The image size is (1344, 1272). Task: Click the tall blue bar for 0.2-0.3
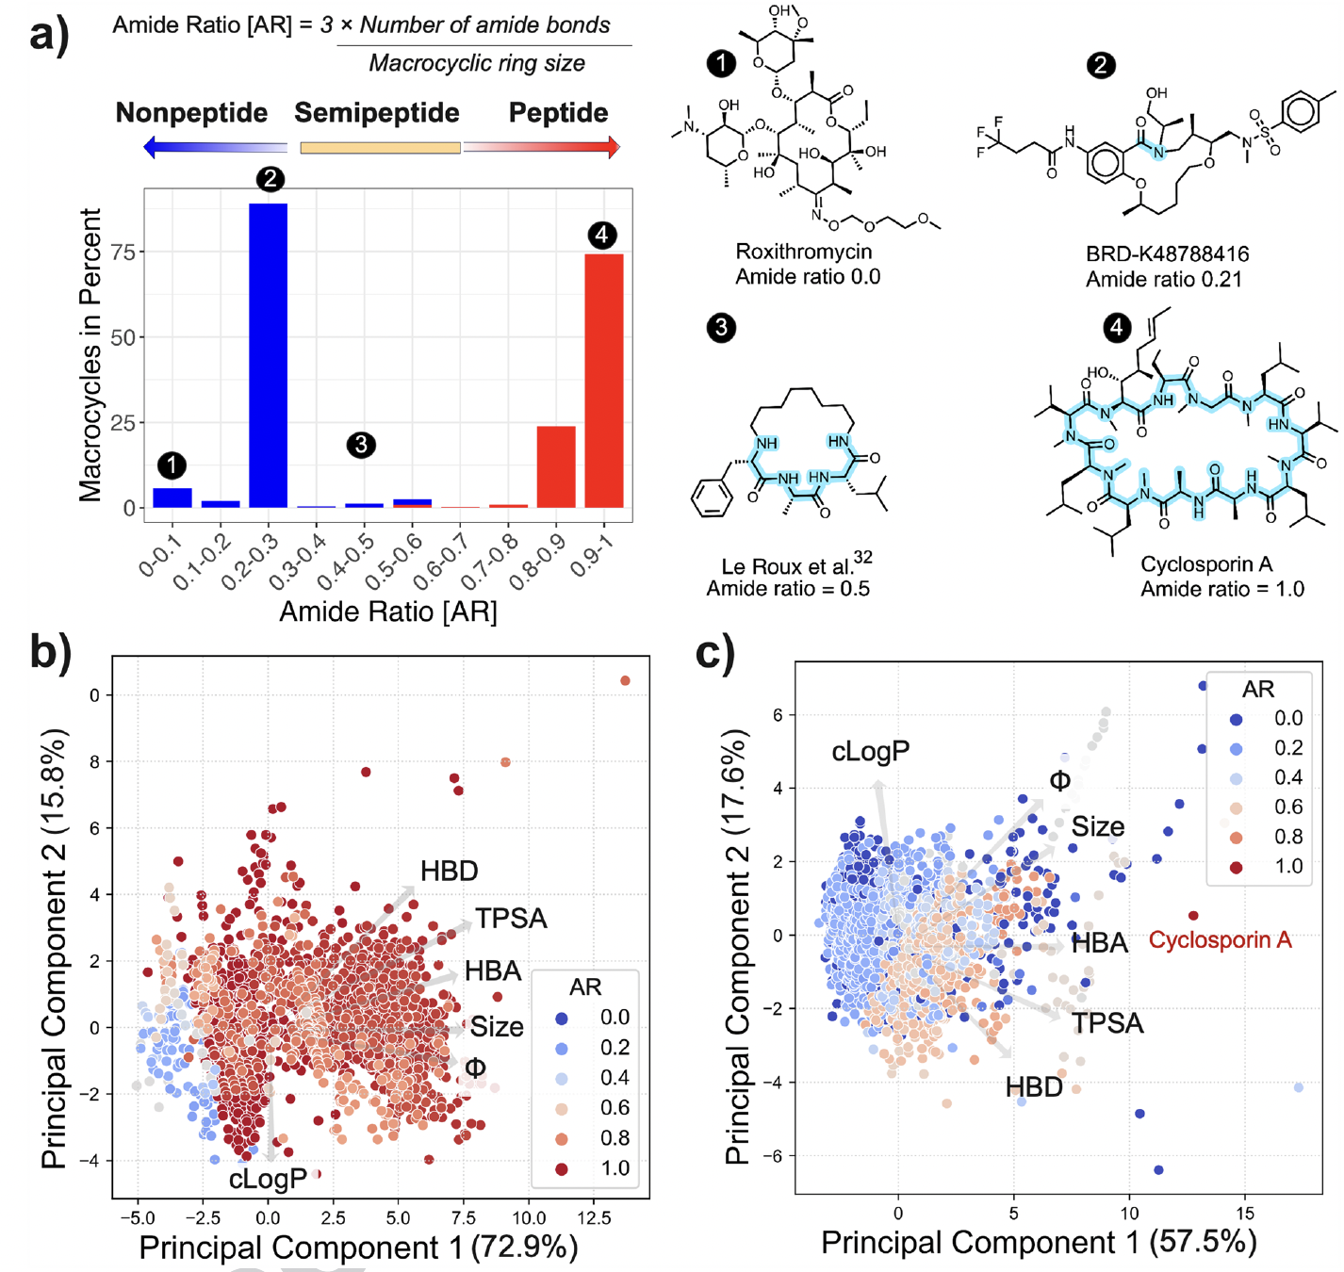268,355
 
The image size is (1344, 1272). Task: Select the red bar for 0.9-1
603,381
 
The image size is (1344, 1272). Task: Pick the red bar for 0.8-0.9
556,467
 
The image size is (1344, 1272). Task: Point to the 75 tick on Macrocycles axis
123,252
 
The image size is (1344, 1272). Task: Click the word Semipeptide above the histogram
377,113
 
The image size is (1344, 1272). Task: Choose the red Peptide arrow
542,147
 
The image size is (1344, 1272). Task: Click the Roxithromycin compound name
804,252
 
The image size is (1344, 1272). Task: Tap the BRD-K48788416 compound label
1167,254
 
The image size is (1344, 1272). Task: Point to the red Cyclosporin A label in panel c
1220,940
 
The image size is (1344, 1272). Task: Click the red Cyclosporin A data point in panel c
1193,916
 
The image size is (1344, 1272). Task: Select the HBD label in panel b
449,872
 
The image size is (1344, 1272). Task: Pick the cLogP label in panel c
870,752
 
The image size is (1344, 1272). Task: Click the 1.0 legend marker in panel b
562,1169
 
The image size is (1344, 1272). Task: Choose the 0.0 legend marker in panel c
1236,719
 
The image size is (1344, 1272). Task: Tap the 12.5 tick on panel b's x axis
593,1218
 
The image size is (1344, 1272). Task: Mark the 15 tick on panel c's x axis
1245,1214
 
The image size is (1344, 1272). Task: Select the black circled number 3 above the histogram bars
361,445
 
